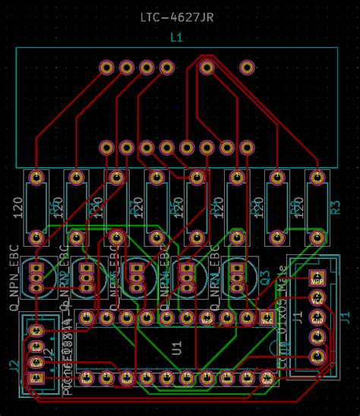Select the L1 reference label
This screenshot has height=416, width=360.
click(x=176, y=37)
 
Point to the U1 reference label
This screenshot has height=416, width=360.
click(x=177, y=348)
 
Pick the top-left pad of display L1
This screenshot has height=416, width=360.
click(x=106, y=68)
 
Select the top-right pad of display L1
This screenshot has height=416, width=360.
click(x=246, y=68)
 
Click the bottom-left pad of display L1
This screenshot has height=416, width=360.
click(x=107, y=147)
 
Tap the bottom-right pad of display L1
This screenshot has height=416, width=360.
click(x=246, y=147)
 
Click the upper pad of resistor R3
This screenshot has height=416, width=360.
click(x=316, y=178)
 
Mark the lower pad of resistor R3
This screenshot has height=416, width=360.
click(x=316, y=238)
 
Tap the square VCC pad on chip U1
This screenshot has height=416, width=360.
click(x=266, y=318)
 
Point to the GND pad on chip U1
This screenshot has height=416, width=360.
click(x=266, y=377)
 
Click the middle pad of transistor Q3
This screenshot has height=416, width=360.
click(x=238, y=278)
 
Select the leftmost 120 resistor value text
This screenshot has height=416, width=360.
click(x=18, y=207)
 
